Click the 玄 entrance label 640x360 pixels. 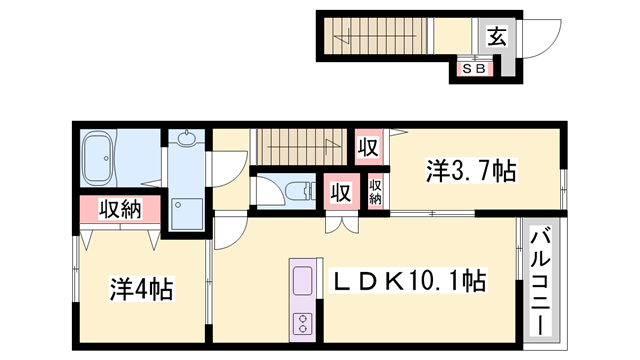pyautogui.click(x=495, y=38)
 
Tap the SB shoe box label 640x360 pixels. pyautogui.click(x=472, y=70)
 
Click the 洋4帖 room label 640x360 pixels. pyautogui.click(x=141, y=290)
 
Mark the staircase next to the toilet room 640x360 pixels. pyautogui.click(x=300, y=147)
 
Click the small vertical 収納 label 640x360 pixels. pyautogui.click(x=375, y=190)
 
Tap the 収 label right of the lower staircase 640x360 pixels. pyautogui.click(x=368, y=147)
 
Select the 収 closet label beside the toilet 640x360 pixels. pyautogui.click(x=339, y=190)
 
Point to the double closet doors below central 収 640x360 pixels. pyautogui.click(x=340, y=222)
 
